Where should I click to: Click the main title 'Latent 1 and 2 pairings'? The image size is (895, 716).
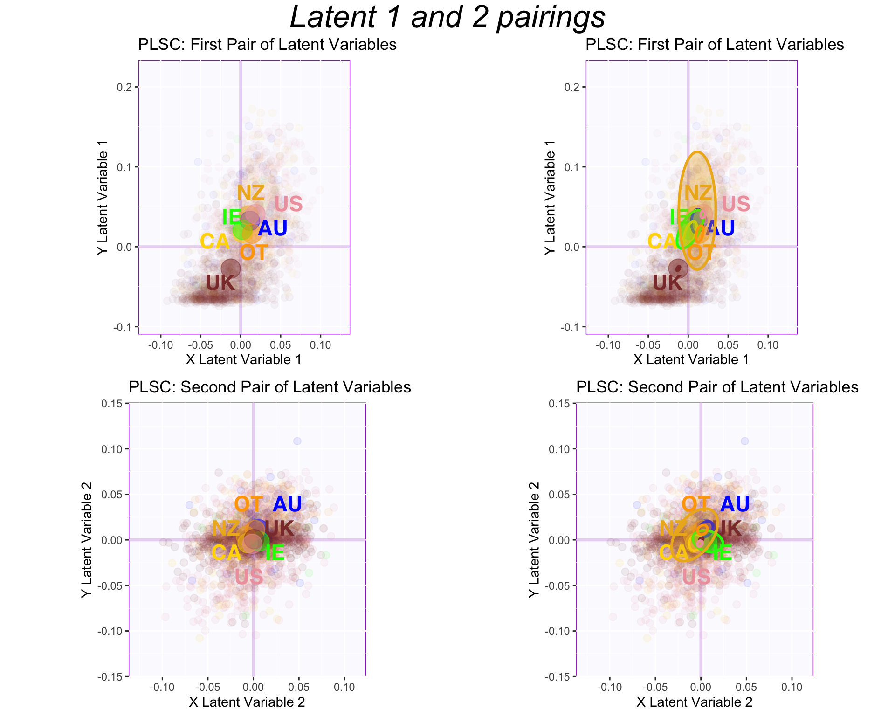[447, 17]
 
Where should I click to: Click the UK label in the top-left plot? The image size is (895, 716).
[220, 283]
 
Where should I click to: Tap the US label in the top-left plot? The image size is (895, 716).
[289, 204]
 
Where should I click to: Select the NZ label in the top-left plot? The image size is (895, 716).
[251, 193]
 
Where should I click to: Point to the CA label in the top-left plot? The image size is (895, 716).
[215, 241]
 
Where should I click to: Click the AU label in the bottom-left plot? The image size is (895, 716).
[287, 504]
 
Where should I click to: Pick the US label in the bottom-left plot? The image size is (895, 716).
[249, 577]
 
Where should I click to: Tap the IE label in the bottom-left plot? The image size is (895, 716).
[275, 553]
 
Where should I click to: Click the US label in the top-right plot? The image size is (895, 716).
[736, 204]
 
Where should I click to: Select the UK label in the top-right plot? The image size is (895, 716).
[668, 283]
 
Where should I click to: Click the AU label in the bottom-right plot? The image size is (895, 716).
[735, 504]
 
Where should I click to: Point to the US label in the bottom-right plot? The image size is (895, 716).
[696, 577]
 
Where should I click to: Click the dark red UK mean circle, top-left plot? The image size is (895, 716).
[231, 268]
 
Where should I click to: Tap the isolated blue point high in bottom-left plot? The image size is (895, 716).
[297, 441]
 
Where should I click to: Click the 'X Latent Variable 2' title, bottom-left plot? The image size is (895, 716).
[247, 702]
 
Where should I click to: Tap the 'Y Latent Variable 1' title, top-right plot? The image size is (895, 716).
[550, 197]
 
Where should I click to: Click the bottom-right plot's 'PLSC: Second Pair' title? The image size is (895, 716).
[717, 387]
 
